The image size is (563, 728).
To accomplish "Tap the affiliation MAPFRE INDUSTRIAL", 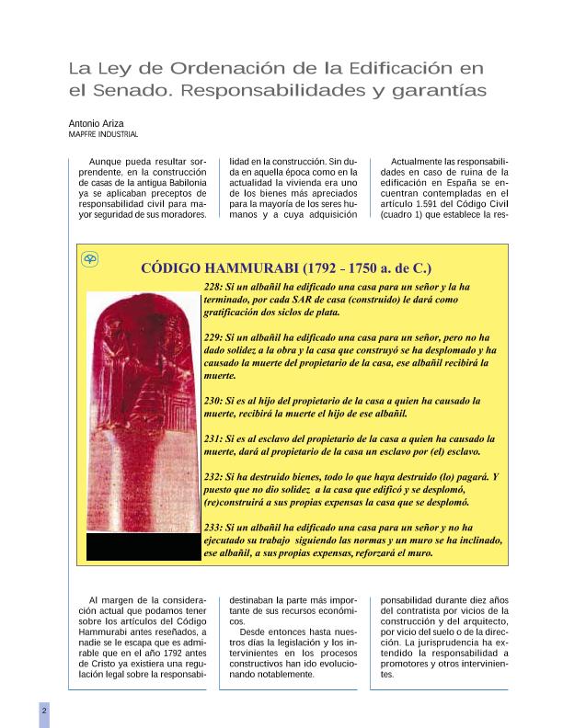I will pos(103,134).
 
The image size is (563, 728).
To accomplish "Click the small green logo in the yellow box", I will pos(90,260).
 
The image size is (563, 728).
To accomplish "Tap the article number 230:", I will pos(213,402).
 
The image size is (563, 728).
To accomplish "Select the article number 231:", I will pos(213,439).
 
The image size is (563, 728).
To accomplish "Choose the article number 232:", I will pos(213,478).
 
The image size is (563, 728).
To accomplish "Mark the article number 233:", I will pos(213,528).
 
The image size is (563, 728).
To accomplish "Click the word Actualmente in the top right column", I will pos(421,161).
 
